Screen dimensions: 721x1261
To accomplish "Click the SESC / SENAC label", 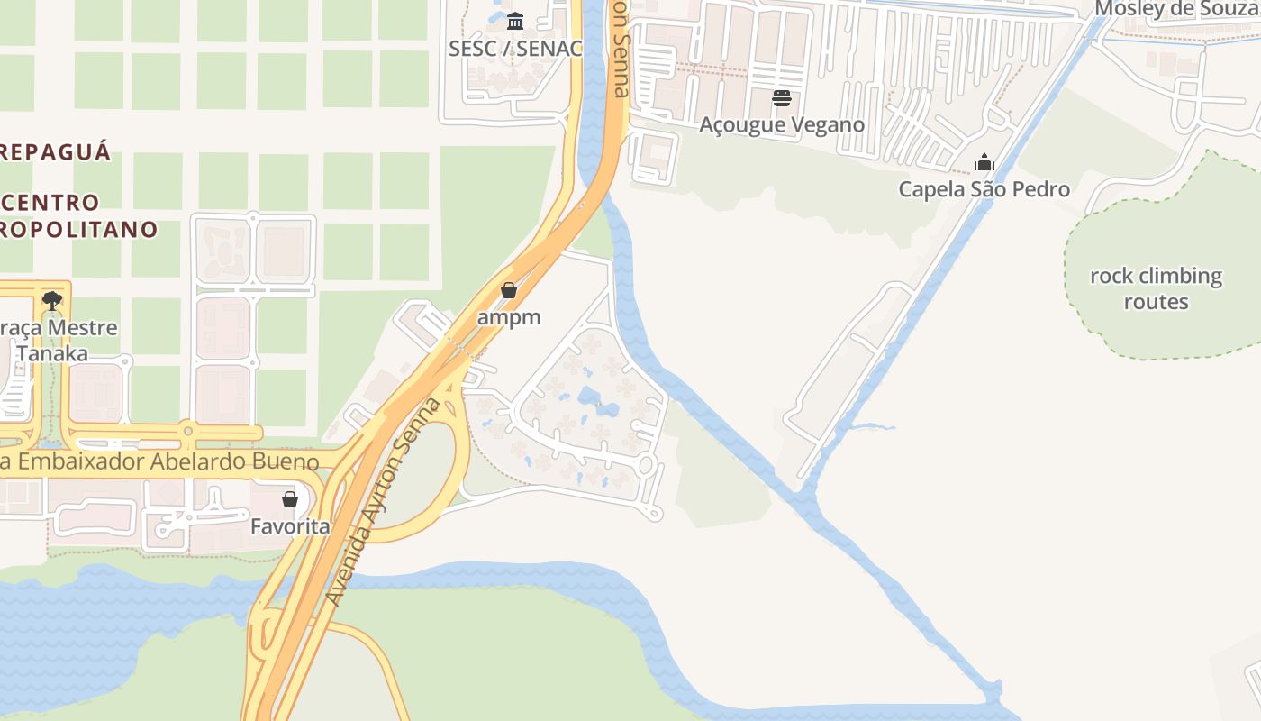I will coord(515,49).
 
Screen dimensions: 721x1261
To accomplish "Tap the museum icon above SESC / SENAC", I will coord(515,21).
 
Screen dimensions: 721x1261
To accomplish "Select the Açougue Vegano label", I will coord(782,124).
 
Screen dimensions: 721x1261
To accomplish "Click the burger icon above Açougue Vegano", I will coord(782,98).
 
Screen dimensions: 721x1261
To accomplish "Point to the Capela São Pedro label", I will coord(984,189).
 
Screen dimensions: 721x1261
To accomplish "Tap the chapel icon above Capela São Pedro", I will coord(984,162).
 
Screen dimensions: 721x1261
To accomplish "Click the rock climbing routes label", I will coord(1156,288).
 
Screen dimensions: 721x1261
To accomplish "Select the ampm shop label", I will coord(509,317).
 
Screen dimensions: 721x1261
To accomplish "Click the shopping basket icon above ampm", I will coord(509,290).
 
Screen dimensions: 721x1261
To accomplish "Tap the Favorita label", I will coord(290,525).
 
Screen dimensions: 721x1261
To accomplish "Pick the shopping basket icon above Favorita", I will coord(290,498).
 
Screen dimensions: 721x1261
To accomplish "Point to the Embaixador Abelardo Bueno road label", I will coord(162,462).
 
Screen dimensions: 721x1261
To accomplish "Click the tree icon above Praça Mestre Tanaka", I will coord(52,300).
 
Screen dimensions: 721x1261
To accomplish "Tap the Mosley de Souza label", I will coord(1176,10).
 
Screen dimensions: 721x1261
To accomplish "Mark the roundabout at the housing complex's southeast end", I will coord(645,465).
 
